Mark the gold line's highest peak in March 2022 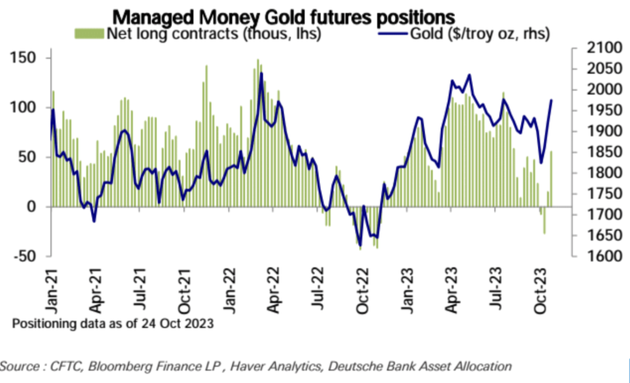point(261,73)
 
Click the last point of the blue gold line point(551,100)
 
